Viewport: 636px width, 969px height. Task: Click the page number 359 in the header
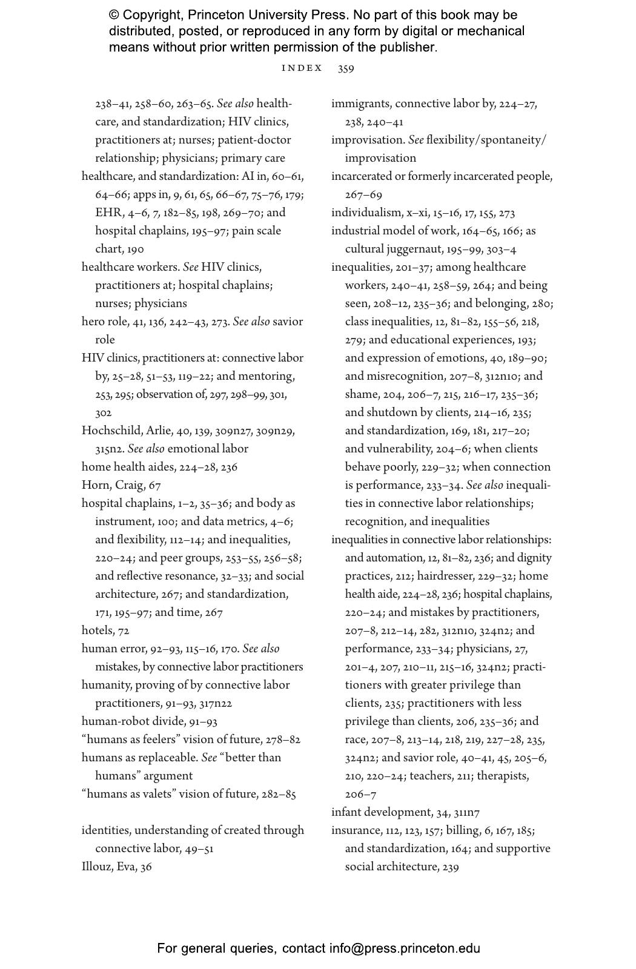click(346, 68)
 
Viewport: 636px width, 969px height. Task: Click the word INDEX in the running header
click(302, 68)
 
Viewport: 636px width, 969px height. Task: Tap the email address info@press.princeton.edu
click(405, 948)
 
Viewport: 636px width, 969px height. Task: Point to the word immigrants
click(360, 104)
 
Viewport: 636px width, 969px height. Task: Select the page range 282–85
click(279, 794)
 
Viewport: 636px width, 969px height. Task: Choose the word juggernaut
click(412, 249)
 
